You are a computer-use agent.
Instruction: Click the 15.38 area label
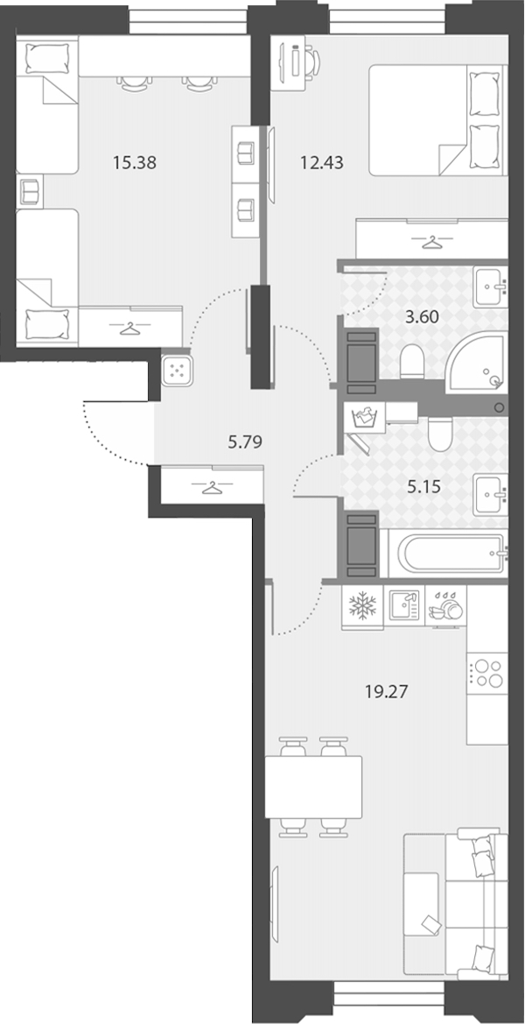pos(135,163)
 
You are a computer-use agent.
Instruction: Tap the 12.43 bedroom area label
pos(321,163)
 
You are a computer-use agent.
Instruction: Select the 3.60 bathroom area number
pos(422,317)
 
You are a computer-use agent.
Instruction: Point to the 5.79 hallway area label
pos(244,442)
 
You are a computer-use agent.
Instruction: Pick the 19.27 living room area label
pos(387,692)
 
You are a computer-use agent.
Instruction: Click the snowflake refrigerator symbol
pos(362,607)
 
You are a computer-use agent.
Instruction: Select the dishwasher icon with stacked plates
pos(446,607)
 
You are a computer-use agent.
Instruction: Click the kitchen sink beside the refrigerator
pos(404,605)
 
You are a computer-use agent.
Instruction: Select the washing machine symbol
pos(365,416)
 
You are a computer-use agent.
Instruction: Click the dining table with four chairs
pos(314,787)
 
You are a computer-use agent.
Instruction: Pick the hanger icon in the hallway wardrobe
pos(211,486)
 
